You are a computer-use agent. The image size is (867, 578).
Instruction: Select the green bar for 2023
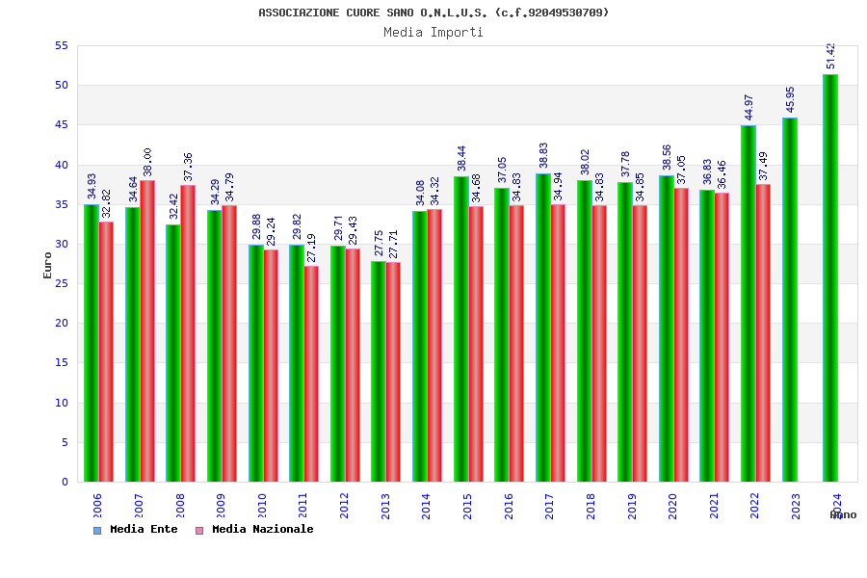(x=790, y=300)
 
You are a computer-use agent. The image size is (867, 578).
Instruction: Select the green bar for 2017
(x=543, y=328)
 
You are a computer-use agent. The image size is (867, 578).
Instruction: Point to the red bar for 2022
(x=763, y=332)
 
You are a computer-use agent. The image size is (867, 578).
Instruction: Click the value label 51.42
(x=830, y=56)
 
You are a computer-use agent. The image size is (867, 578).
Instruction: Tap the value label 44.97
(x=749, y=107)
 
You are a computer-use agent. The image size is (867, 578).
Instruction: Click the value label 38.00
(x=147, y=162)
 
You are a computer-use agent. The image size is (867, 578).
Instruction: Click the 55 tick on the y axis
(x=61, y=45)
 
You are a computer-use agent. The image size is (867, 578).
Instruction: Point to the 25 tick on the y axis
(x=61, y=283)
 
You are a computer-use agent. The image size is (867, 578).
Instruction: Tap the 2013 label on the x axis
(x=385, y=506)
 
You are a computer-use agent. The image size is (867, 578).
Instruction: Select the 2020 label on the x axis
(x=673, y=506)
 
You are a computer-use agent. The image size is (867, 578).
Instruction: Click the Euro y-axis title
(x=47, y=265)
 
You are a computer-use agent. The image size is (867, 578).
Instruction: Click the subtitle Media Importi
(x=433, y=32)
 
